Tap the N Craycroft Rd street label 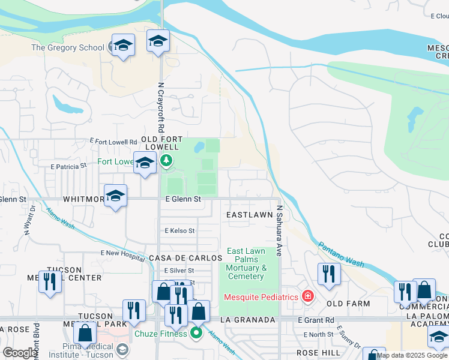[161, 108]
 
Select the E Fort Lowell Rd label [113, 141]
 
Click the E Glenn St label [182, 199]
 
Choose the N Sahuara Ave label [280, 232]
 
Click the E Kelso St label [179, 230]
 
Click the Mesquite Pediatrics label [261, 296]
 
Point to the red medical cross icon [308, 296]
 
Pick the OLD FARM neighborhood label [348, 304]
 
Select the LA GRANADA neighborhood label [247, 320]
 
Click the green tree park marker [167, 160]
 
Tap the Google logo [19, 353]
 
